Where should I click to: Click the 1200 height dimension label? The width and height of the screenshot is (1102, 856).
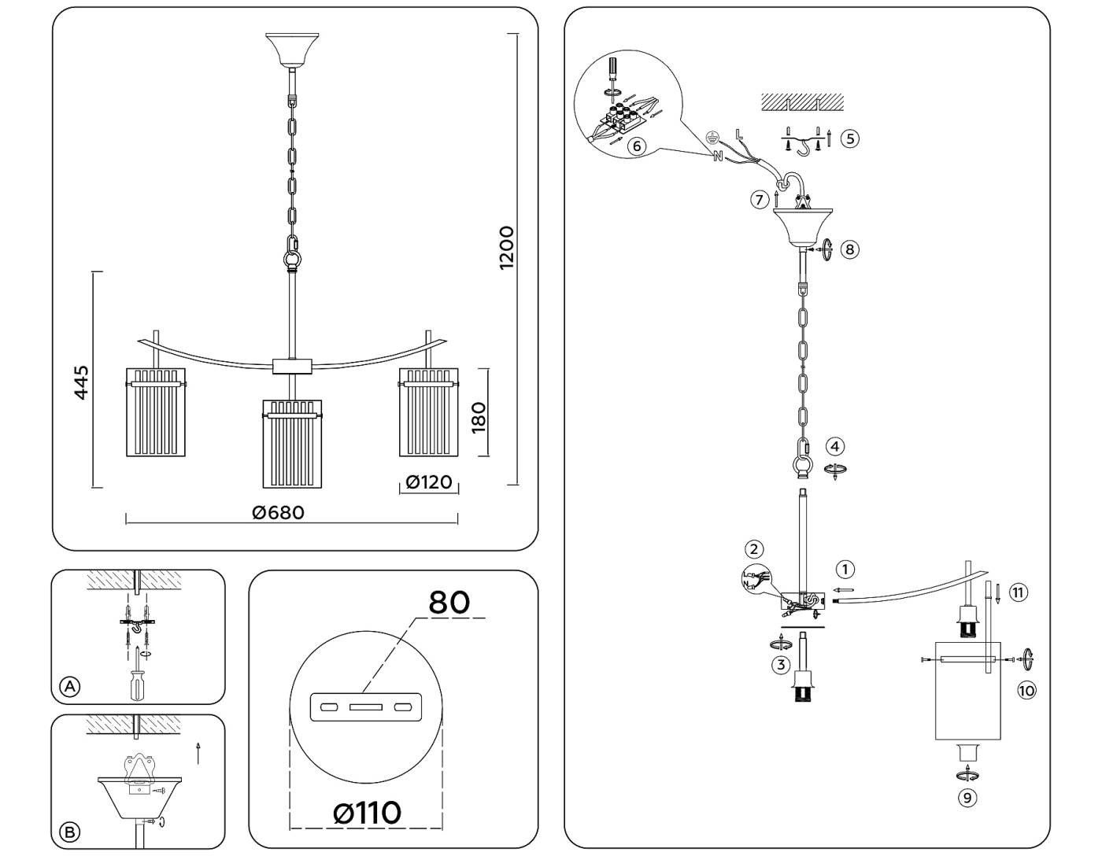pyautogui.click(x=506, y=248)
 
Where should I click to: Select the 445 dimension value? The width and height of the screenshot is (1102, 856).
pyautogui.click(x=82, y=382)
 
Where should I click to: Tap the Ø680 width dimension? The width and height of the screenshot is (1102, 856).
pyautogui.click(x=278, y=512)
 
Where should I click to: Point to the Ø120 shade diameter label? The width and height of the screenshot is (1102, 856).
pyautogui.click(x=429, y=481)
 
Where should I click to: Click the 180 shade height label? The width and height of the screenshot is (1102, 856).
pyautogui.click(x=479, y=416)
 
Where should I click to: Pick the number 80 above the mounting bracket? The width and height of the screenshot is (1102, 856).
pyautogui.click(x=449, y=602)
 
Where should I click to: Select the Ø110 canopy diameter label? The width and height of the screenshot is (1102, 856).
pyautogui.click(x=367, y=812)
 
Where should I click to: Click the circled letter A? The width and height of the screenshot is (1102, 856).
pyautogui.click(x=70, y=687)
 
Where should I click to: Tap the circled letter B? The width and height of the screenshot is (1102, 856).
pyautogui.click(x=70, y=832)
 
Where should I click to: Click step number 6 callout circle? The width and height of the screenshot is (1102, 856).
pyautogui.click(x=638, y=146)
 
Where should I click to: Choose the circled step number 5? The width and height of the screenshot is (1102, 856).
pyautogui.click(x=849, y=138)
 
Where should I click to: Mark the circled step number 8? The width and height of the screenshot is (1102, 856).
pyautogui.click(x=849, y=249)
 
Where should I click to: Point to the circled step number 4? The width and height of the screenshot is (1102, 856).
pyautogui.click(x=835, y=447)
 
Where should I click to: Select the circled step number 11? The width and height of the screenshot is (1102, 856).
pyautogui.click(x=1019, y=592)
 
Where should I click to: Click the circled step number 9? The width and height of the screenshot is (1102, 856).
pyautogui.click(x=967, y=797)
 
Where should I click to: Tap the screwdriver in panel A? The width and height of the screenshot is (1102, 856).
pyautogui.click(x=138, y=681)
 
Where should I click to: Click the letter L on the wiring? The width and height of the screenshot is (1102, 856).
pyautogui.click(x=738, y=134)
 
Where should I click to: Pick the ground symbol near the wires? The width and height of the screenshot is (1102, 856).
pyautogui.click(x=712, y=135)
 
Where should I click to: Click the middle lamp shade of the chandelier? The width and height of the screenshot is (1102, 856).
pyautogui.click(x=292, y=445)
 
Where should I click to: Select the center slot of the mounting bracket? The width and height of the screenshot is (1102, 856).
pyautogui.click(x=366, y=707)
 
